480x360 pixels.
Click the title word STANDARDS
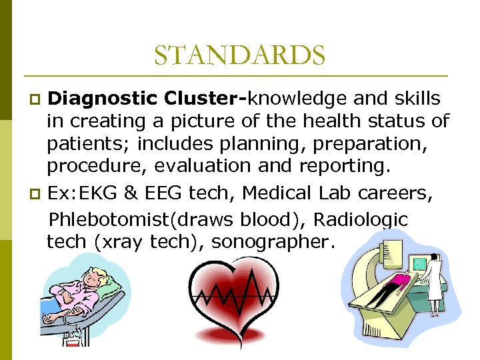[x=239, y=55]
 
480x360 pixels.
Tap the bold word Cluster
[x=203, y=99]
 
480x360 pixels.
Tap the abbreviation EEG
[x=161, y=194]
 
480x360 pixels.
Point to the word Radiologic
[x=361, y=219]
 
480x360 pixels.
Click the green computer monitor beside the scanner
[x=420, y=263]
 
